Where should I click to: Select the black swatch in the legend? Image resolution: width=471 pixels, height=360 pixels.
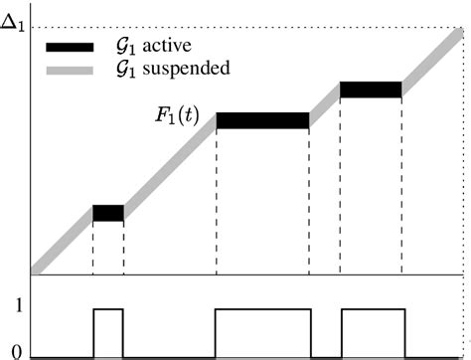[69, 46]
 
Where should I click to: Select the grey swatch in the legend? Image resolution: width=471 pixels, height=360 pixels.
[69, 70]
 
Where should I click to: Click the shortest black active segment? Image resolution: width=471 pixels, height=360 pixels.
[108, 213]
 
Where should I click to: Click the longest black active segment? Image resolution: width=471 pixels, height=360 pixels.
[262, 120]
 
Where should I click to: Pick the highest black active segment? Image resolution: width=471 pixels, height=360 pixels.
[371, 90]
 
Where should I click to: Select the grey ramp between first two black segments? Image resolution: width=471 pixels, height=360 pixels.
[169, 164]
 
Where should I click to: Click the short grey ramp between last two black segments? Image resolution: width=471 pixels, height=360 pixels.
[325, 104]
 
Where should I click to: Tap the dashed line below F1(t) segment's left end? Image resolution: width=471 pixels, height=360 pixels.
[217, 199]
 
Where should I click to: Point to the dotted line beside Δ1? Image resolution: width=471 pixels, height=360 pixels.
[248, 26]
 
